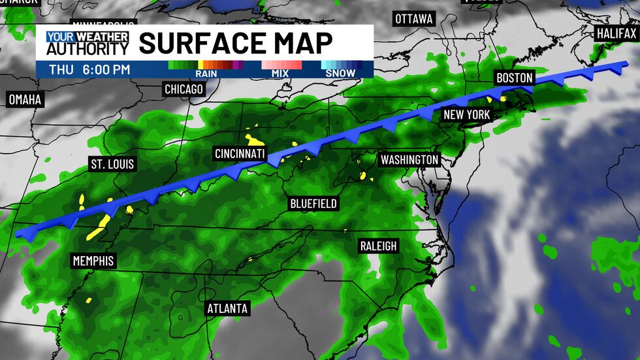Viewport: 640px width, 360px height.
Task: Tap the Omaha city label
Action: (25, 100)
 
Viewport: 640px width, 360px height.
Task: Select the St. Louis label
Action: (112, 163)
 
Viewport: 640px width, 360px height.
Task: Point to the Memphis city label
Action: (93, 261)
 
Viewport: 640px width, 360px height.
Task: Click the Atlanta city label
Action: (227, 308)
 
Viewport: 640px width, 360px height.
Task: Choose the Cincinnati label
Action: (240, 154)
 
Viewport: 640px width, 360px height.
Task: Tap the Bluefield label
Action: (313, 204)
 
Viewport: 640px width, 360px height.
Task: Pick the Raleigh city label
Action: (378, 246)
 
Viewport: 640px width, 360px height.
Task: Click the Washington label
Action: (409, 159)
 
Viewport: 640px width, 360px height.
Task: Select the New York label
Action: (466, 114)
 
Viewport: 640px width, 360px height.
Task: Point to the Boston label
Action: (515, 78)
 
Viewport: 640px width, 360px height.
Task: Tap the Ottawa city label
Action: (414, 18)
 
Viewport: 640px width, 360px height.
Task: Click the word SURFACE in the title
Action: (202, 42)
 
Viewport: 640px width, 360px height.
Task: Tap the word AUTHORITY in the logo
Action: (88, 48)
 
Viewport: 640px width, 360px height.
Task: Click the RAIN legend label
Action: (206, 73)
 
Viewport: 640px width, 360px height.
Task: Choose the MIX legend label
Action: (281, 73)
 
